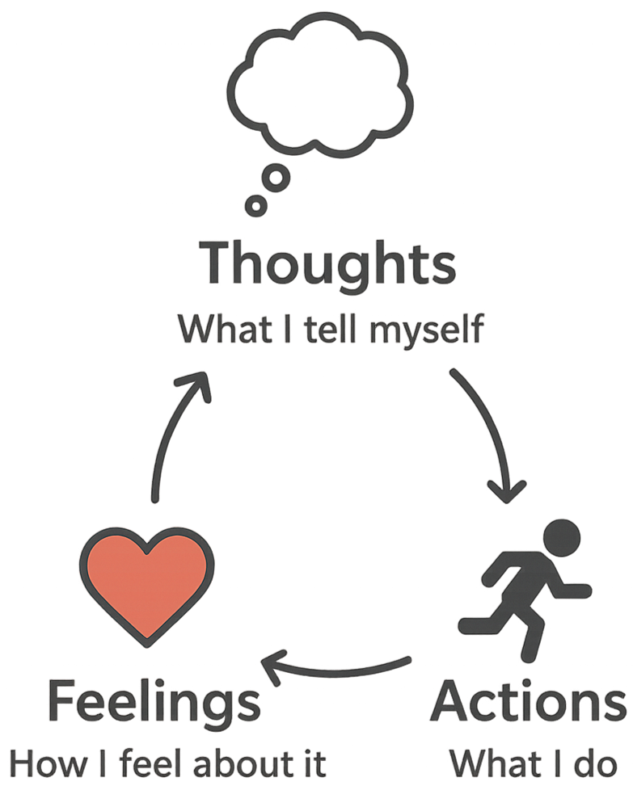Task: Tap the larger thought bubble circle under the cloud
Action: coord(277,179)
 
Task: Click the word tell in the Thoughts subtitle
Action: coord(332,330)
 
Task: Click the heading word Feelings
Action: coord(154,702)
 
